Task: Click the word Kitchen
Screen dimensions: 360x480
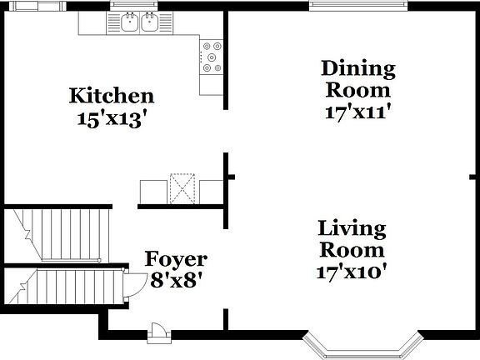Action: (x=111, y=96)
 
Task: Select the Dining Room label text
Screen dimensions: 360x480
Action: (x=358, y=79)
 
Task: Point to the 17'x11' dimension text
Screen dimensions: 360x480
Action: (x=358, y=112)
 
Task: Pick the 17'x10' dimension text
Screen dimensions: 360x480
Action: (x=352, y=272)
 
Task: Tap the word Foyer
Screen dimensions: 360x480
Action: (x=176, y=259)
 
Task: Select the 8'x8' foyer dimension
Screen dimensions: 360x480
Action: (x=175, y=281)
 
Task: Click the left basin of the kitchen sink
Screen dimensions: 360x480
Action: (x=129, y=23)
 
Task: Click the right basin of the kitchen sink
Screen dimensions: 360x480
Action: (x=150, y=23)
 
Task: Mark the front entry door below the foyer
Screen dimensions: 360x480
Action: (x=157, y=333)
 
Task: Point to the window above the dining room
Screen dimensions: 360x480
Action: (x=360, y=7)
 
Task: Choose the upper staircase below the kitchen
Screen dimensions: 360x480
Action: (x=63, y=234)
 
